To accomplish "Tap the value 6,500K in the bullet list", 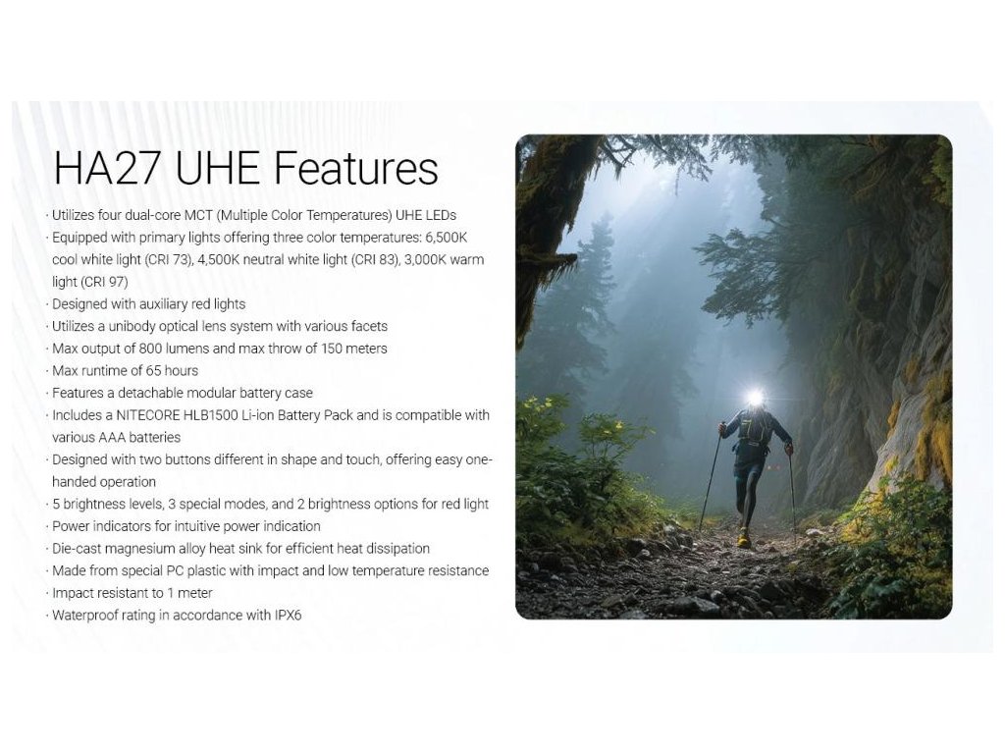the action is click(x=447, y=238).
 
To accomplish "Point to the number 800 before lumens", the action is click(x=150, y=349).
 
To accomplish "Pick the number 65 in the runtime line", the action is click(x=153, y=370).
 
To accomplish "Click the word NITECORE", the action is click(x=148, y=415).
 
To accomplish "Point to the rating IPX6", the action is click(x=288, y=616).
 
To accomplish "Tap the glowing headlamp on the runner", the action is click(x=756, y=399).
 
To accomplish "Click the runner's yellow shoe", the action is click(x=744, y=539).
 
